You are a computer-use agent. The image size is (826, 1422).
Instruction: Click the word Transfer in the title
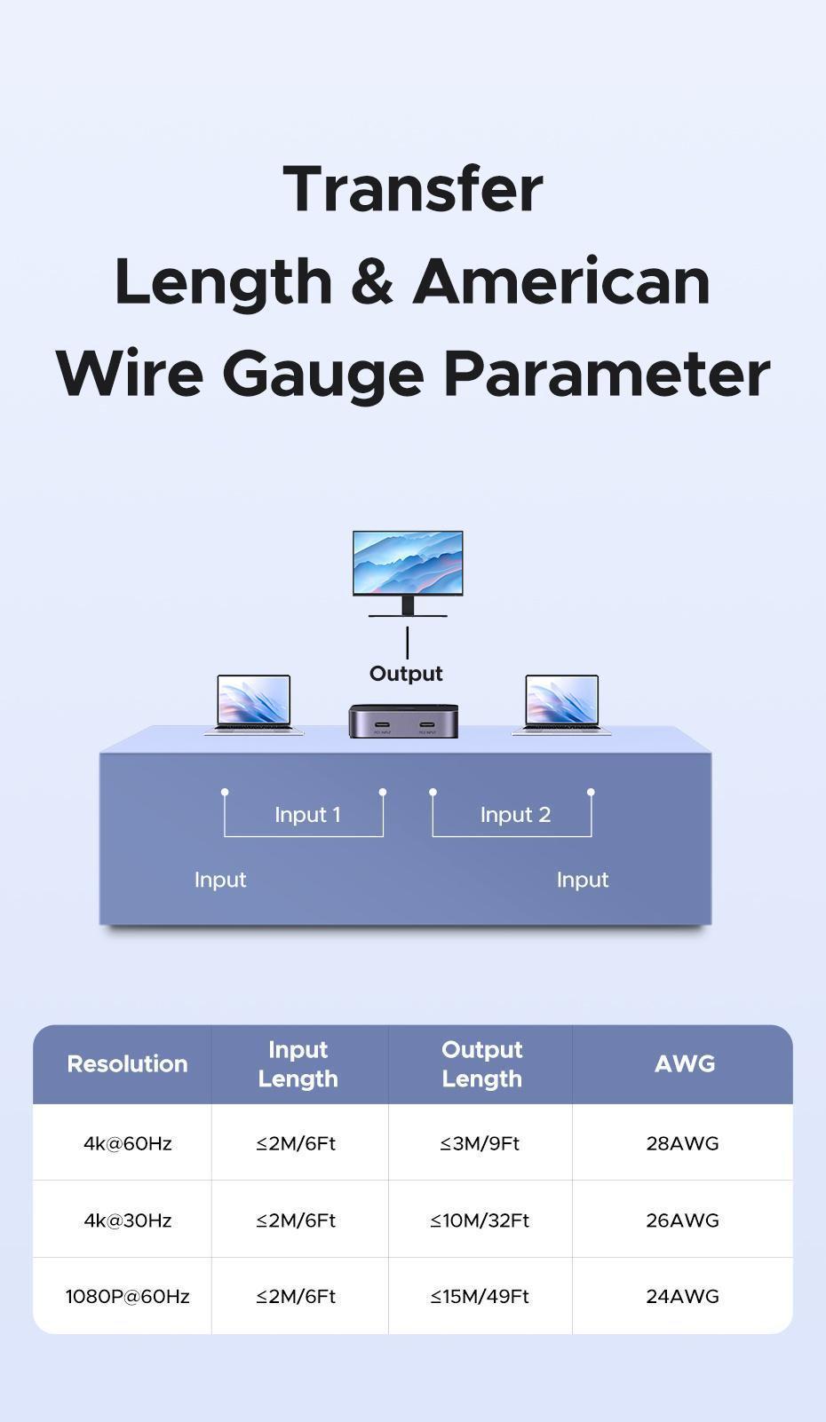(413, 189)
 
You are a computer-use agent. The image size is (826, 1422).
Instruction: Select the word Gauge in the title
(322, 374)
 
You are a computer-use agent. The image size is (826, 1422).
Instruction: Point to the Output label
(406, 674)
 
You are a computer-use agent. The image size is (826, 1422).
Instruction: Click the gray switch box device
(403, 720)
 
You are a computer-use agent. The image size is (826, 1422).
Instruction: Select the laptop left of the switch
(254, 704)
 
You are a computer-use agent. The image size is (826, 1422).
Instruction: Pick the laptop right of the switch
(561, 704)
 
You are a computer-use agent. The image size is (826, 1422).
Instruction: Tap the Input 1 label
(307, 815)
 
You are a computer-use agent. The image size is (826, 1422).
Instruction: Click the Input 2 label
(515, 815)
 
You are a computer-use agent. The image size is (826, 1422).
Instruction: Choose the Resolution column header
(127, 1064)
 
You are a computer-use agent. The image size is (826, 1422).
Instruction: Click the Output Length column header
(481, 1064)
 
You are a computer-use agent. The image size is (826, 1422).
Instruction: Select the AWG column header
(684, 1064)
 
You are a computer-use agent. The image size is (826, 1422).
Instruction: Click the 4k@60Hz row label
(127, 1143)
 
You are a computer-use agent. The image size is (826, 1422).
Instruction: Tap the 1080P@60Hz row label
(127, 1297)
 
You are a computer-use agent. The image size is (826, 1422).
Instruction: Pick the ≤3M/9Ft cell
(480, 1143)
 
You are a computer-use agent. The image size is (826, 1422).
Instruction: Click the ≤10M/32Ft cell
(480, 1221)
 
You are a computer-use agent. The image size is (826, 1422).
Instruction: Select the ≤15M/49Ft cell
(480, 1297)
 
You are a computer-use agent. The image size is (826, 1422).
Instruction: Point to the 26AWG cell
(682, 1221)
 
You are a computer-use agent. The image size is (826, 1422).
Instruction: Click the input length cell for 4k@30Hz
(296, 1221)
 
